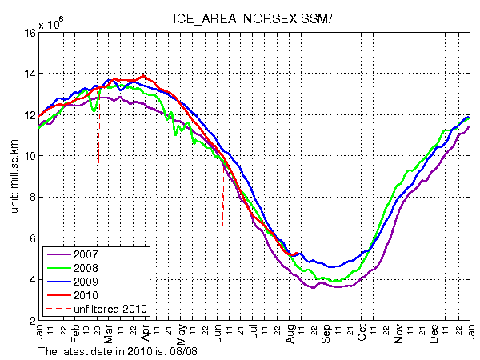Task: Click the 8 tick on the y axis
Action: pos(32,197)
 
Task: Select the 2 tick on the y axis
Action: pos(32,320)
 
